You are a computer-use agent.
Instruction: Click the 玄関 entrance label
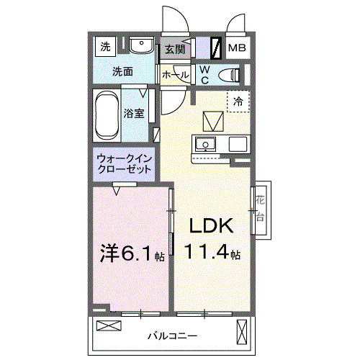coord(174,49)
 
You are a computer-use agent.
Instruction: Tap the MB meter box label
coord(236,48)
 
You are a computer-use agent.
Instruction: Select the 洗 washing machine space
coord(106,48)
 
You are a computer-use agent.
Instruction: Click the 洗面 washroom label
coord(123,72)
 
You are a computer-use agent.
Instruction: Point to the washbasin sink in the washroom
coord(140,48)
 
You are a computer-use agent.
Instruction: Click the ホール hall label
coord(175,75)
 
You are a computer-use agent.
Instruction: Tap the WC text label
coord(204,73)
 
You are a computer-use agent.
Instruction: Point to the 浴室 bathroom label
coord(134,113)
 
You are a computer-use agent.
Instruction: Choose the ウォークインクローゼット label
coord(125,163)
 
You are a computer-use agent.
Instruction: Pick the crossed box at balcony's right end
coord(243,332)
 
